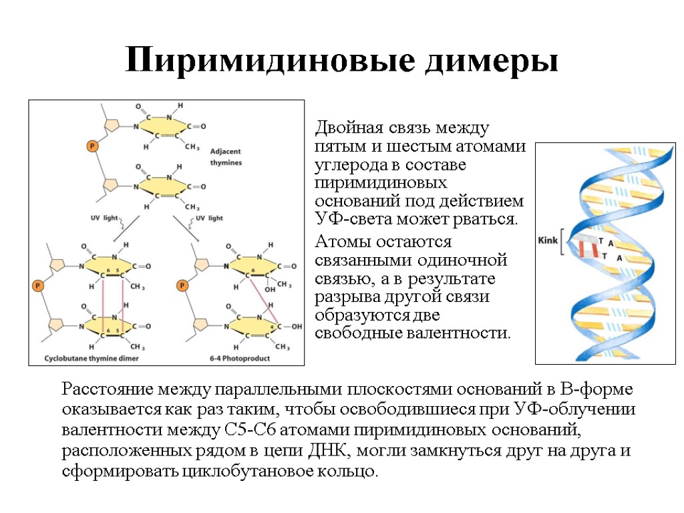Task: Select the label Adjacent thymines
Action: coord(226,156)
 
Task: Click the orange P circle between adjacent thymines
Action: coord(93,145)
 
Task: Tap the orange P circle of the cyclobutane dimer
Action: coord(37,285)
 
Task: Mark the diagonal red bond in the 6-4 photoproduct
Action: coord(261,292)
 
